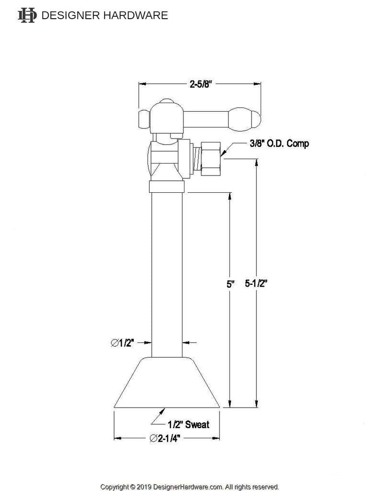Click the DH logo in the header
(27, 15)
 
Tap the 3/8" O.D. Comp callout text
(279, 143)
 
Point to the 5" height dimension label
(230, 284)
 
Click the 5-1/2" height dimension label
(256, 283)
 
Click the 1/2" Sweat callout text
(188, 424)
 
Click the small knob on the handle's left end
(143, 118)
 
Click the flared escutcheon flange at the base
(167, 384)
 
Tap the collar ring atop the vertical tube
(167, 187)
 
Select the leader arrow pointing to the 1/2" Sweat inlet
(158, 415)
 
